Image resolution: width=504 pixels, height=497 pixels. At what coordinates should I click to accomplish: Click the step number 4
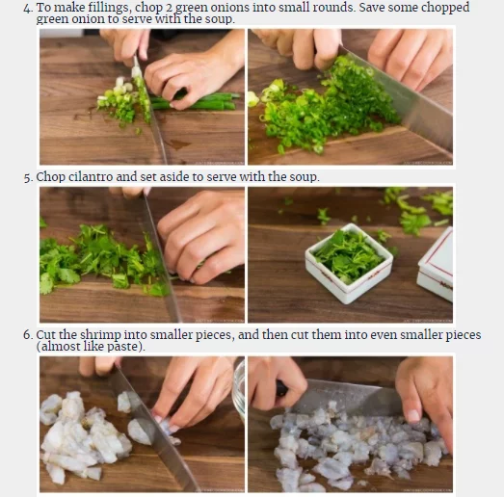point(28,8)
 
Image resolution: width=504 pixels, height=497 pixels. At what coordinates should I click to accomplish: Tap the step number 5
point(28,177)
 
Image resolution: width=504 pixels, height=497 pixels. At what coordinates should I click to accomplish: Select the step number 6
point(28,335)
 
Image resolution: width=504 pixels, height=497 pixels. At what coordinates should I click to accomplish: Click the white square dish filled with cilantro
point(349,263)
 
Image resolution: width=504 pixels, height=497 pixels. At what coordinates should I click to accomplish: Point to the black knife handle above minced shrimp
point(281,388)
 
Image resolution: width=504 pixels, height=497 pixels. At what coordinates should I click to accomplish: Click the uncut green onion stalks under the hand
point(199,100)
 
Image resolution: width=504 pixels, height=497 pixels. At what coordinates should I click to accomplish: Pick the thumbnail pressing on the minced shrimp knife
point(413,416)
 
